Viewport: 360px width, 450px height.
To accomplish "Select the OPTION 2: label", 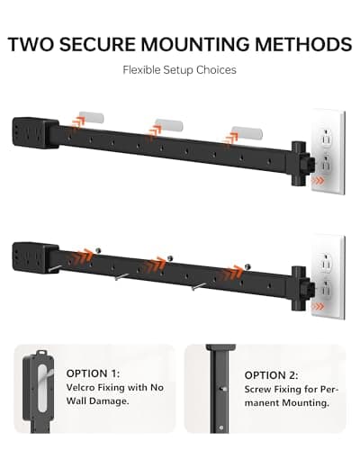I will [273, 375].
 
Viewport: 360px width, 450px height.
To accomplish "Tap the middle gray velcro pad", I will [168, 121].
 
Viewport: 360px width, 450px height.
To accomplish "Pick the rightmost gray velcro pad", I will [245, 132].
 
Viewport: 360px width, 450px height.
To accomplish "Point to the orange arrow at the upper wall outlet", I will [317, 180].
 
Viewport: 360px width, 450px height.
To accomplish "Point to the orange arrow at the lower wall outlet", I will [317, 308].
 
